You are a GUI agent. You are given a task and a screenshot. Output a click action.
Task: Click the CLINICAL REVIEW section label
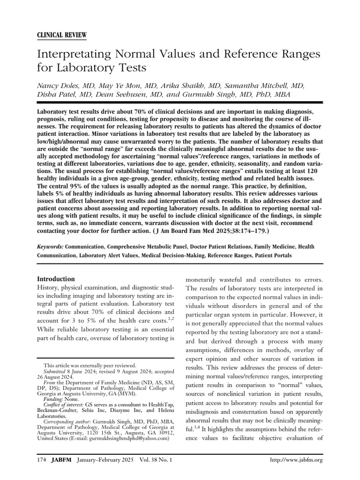point(61,36)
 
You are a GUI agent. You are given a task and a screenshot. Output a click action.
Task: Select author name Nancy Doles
point(58,86)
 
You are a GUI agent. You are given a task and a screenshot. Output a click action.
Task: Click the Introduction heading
point(56,278)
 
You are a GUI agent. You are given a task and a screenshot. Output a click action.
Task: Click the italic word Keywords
point(50,247)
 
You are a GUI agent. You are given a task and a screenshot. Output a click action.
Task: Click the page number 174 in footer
point(41,461)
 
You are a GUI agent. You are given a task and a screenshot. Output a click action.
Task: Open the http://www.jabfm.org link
point(297,461)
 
